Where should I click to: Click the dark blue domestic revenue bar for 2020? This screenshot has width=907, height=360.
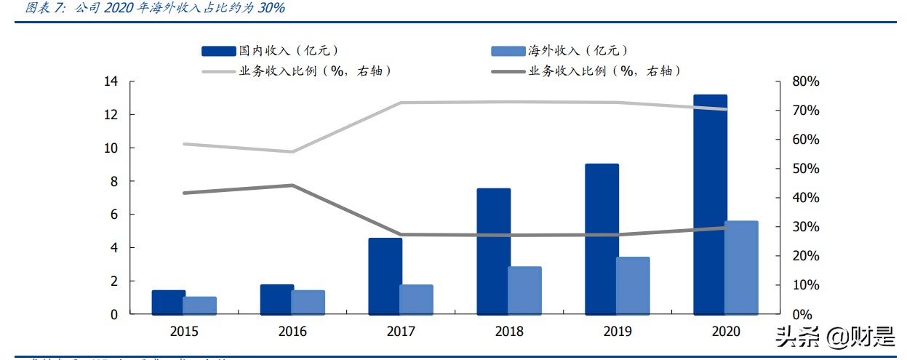pos(710,204)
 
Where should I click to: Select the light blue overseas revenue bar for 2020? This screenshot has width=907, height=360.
pos(741,268)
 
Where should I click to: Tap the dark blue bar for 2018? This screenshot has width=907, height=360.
pos(493,252)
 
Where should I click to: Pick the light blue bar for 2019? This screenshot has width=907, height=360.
pos(633,286)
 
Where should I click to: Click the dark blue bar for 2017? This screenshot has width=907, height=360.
pos(385,276)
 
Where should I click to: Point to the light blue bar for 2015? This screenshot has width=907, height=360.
pos(199,305)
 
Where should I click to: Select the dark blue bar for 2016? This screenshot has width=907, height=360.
pos(277,300)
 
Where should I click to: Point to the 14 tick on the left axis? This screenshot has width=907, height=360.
pos(110,81)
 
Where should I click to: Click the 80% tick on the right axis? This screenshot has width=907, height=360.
pos(804,81)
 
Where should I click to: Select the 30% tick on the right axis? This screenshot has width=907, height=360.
pos(804,227)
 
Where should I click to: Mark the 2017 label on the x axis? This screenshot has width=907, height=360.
pos(401,332)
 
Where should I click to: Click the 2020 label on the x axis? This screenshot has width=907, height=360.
pos(725,332)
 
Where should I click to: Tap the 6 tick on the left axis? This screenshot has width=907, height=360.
pos(113,215)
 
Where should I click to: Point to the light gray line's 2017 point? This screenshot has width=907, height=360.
pos(401,103)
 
